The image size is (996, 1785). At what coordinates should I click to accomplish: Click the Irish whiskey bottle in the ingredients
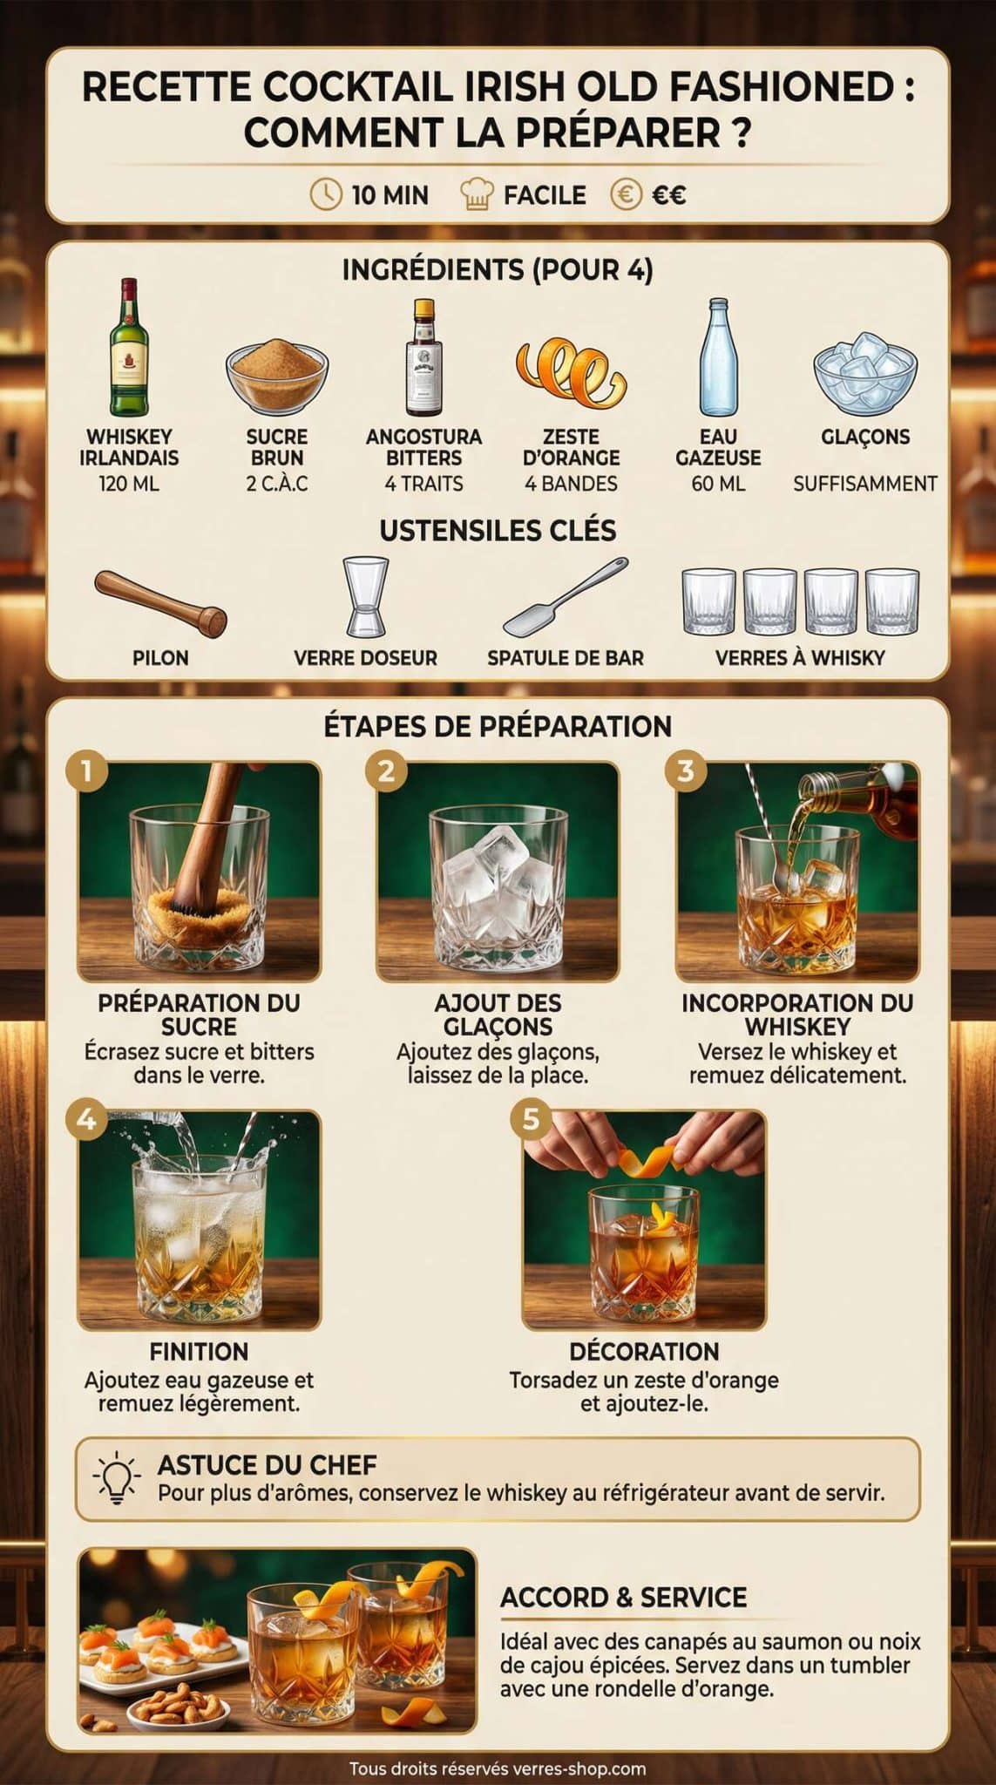pos(129,348)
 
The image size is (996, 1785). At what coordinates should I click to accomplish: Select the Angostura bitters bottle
pos(423,357)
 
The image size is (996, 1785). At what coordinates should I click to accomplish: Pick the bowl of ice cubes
pos(864,371)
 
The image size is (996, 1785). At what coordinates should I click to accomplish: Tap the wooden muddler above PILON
pos(161,601)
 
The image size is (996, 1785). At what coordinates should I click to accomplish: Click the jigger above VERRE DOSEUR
pos(365,598)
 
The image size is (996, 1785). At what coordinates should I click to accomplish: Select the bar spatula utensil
pos(565,597)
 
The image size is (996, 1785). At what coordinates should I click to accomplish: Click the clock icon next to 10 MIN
pos(326,194)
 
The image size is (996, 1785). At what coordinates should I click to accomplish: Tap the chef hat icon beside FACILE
pos(477,194)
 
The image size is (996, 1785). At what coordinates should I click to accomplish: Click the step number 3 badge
pos(686,770)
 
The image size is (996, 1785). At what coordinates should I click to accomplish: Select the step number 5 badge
pos(532,1119)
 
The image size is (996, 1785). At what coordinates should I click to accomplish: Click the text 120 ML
pos(129,484)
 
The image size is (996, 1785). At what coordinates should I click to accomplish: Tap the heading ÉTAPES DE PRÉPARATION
pos(498,726)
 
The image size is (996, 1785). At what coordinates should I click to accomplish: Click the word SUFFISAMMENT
pos(864,484)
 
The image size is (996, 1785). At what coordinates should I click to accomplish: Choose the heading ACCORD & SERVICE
pos(623,1598)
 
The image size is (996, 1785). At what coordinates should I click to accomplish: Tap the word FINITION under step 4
pos(199,1351)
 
